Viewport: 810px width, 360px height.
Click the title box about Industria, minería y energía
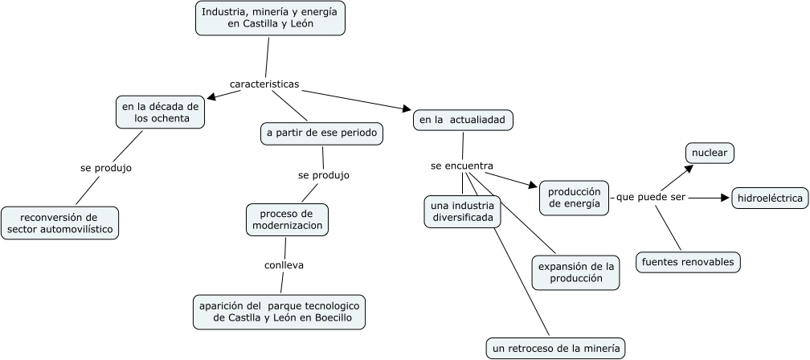270,18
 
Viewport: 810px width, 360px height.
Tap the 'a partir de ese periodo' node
321,133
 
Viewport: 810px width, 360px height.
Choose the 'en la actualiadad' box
462,120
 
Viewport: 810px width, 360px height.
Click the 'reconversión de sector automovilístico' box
59,223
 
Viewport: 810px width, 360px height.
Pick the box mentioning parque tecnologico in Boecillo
280,312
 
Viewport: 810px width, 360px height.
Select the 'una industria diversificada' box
462,211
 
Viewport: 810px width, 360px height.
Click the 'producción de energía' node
575,198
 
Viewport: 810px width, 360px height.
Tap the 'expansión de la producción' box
575,272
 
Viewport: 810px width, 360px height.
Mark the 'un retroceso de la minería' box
555,348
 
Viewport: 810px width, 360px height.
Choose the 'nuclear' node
710,152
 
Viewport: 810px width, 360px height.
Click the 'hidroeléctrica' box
769,198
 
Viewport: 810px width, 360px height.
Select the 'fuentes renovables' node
687,262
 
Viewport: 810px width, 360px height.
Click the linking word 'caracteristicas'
264,84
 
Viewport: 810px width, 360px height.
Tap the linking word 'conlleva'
284,264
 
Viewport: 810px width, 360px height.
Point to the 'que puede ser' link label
650,198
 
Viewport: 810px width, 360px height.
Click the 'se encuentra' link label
461,166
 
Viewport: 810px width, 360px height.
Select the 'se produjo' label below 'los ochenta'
106,168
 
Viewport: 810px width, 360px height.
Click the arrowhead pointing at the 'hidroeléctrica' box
724,198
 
